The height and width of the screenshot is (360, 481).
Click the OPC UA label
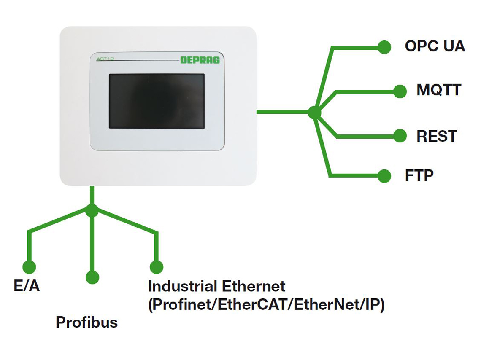[x=435, y=46]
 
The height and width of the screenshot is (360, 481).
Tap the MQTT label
[x=439, y=90]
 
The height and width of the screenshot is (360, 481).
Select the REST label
[x=437, y=136]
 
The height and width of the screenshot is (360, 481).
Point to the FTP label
[x=419, y=175]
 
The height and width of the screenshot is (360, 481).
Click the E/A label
[x=27, y=285]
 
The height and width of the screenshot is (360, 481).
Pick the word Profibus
[x=87, y=322]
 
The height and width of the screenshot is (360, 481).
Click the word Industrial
[x=183, y=286]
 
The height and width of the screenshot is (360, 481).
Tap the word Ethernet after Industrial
[x=254, y=286]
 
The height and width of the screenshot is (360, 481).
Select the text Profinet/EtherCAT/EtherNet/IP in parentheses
[x=266, y=304]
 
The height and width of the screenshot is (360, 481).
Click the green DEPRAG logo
[x=200, y=60]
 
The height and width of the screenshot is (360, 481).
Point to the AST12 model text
[x=105, y=59]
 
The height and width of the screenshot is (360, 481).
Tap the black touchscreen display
[x=157, y=101]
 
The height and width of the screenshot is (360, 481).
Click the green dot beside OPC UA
[x=384, y=47]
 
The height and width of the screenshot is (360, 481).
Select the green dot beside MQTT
[x=400, y=91]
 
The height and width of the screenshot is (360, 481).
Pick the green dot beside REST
[x=400, y=136]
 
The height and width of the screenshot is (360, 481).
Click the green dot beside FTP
[x=384, y=176]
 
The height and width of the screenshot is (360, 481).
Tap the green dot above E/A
[x=30, y=267]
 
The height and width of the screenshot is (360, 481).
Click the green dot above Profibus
[x=92, y=277]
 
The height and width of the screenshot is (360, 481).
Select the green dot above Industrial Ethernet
[x=157, y=267]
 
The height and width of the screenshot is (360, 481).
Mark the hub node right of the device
[x=314, y=113]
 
